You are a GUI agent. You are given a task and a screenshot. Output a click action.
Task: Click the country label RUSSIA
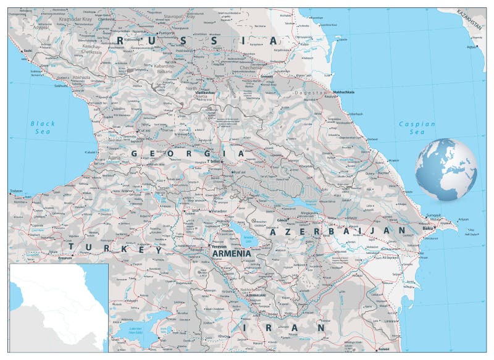tap(195, 40)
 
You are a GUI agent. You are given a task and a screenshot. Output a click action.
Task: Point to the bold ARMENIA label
tap(231, 253)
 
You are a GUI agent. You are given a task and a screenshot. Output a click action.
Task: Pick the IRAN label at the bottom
tap(283, 327)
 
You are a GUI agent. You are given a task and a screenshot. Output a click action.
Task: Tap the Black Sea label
tap(43, 128)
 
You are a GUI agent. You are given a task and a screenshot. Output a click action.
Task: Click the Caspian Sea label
tap(417, 128)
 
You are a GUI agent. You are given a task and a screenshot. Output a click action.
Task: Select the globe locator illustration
tap(446, 169)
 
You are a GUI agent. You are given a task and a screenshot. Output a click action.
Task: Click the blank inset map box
tap(59, 308)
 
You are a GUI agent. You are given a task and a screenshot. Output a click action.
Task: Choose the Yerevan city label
tap(219, 245)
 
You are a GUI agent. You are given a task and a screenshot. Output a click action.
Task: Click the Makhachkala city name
tap(343, 92)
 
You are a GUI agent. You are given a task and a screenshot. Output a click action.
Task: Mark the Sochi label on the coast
tap(27, 51)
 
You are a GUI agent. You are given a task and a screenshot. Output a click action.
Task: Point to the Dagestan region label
tap(313, 93)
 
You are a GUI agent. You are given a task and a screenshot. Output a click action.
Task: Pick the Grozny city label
tap(266, 77)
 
